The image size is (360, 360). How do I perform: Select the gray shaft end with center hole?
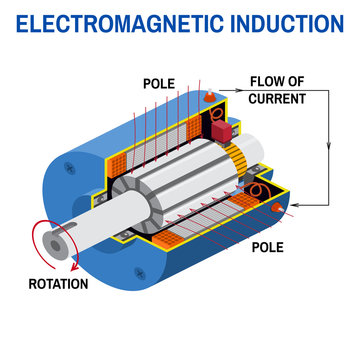48,243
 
